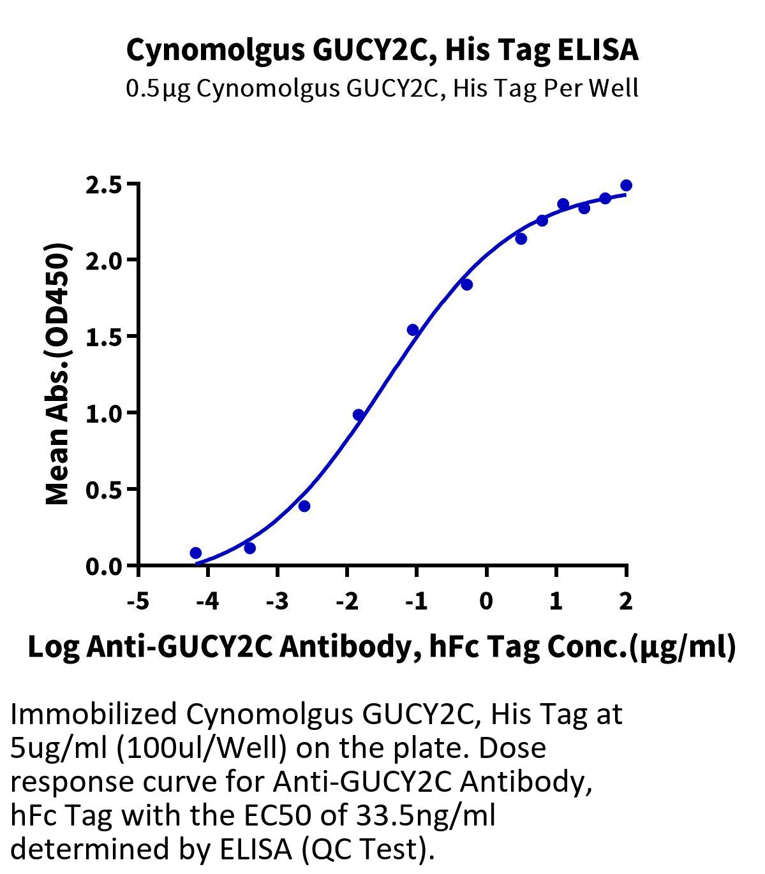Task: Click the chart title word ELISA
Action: (x=598, y=50)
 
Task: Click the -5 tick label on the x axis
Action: (x=138, y=601)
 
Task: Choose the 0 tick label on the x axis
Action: (x=486, y=601)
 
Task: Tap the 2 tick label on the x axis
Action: (x=625, y=601)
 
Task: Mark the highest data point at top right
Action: (x=626, y=186)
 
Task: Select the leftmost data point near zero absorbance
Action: (x=196, y=553)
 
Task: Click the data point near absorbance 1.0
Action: (x=359, y=415)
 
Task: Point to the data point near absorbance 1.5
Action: (x=413, y=330)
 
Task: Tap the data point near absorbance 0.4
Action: (x=304, y=506)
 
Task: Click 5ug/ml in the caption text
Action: (x=60, y=748)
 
